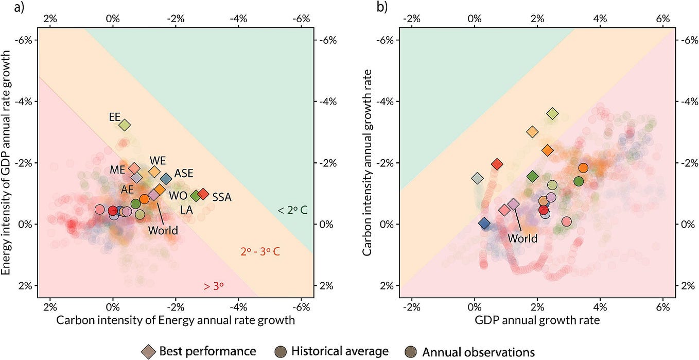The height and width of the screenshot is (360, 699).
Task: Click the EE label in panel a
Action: coord(115,116)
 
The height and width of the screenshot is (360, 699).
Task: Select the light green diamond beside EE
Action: coord(125,125)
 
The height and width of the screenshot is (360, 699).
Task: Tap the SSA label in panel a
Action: coord(222,197)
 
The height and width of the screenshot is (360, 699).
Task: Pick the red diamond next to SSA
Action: coord(203,194)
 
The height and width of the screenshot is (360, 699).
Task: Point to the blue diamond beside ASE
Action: coord(166,179)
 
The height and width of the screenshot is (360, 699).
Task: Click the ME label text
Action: coord(118,169)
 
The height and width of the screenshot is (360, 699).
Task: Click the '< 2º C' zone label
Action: coord(292,210)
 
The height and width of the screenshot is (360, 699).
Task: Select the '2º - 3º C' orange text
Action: coord(260,252)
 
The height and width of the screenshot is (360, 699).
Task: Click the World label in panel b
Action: coord(522,238)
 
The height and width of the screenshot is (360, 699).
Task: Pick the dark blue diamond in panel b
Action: coord(484,223)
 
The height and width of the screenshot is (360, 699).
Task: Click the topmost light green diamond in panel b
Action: coord(552,113)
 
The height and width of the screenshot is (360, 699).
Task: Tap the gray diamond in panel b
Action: coord(478,178)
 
